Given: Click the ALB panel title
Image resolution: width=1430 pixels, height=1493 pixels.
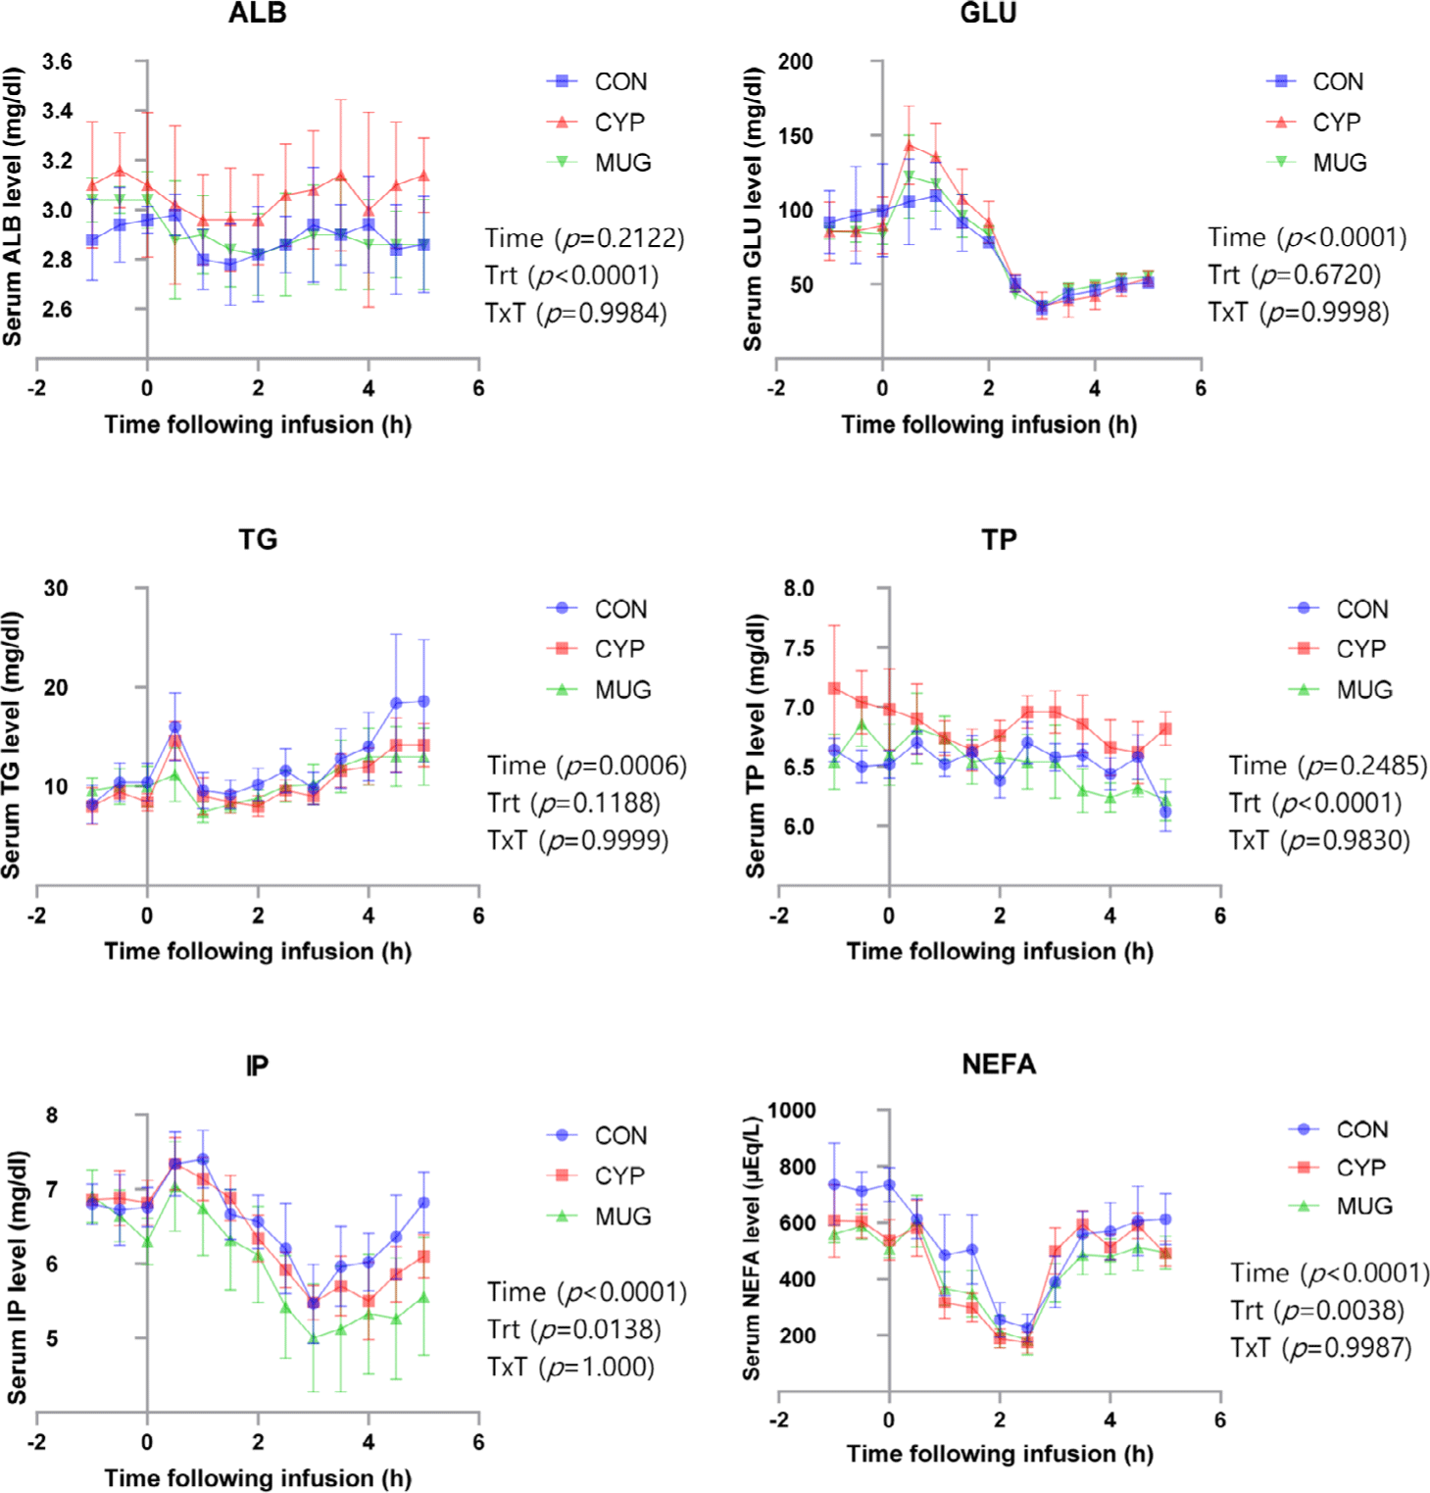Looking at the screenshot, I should [257, 14].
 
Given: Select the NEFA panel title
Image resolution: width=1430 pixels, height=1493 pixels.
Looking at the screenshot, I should [998, 1065].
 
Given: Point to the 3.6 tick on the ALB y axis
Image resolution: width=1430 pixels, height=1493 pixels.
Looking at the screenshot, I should [57, 63].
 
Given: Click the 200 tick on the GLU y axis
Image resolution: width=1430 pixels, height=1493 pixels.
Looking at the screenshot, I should [795, 63].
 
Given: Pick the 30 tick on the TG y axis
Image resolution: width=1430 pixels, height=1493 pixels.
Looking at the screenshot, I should [56, 589].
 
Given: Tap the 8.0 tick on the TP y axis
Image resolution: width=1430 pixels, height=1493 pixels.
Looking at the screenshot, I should [799, 589].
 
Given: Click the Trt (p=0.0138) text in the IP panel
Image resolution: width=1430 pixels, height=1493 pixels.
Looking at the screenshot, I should [574, 1329].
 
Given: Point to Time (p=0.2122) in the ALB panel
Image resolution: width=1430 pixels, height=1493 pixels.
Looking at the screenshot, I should [585, 238].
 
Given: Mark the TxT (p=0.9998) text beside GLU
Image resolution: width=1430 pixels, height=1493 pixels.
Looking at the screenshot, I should [1299, 313].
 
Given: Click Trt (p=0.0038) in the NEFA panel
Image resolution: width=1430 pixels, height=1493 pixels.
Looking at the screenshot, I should [1317, 1311].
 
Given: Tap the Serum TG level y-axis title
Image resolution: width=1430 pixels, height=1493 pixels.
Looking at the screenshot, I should [12, 745].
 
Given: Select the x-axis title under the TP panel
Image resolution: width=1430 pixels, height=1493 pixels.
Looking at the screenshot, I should [1000, 952].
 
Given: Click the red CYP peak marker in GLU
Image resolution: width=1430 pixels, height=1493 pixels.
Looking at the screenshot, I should [909, 146].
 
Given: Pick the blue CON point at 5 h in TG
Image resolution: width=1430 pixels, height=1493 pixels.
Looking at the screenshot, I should [423, 702].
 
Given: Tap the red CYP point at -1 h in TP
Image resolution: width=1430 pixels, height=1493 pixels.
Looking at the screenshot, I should [834, 688].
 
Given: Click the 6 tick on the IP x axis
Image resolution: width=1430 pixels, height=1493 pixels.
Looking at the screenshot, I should [478, 1443].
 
